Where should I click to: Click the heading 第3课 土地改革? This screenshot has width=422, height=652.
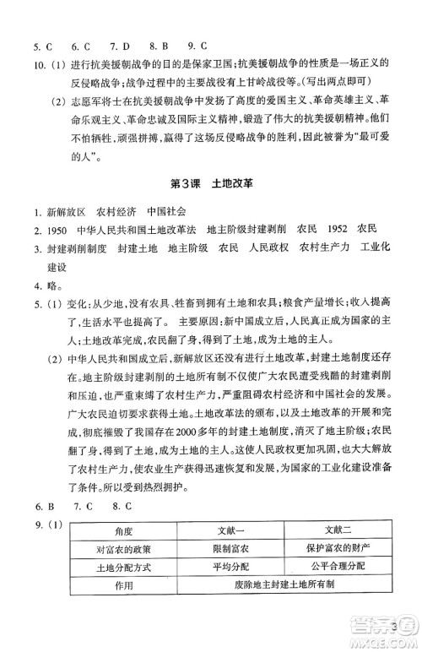click(x=210, y=182)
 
